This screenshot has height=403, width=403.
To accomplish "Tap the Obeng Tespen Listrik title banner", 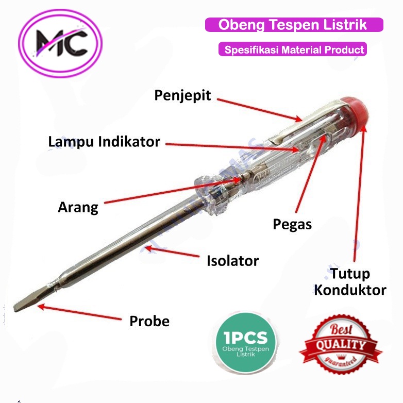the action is coord(294,25).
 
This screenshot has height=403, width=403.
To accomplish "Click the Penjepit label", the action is coord(183,96).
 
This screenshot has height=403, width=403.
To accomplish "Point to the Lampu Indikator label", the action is coord(104,141).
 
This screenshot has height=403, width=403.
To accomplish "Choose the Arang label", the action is coord(78,208).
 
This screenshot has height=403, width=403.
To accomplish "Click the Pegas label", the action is coord(292,224).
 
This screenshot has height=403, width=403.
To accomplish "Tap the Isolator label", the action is coord(232,260).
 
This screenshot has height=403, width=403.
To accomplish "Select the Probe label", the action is coord(149,321).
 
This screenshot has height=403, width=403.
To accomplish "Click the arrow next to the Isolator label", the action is coord(172,253).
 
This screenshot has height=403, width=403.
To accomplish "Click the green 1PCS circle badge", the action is coord(245,342).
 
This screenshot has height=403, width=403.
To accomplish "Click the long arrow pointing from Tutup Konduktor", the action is coord(360,196).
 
